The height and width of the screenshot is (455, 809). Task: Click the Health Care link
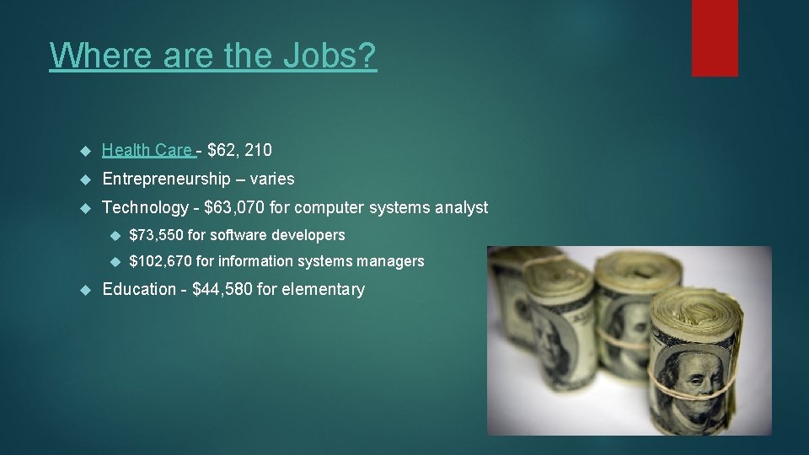point(147,150)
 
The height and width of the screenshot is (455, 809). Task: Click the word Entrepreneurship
point(166,179)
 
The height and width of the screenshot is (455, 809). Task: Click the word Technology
point(145,207)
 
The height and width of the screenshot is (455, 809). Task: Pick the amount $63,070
point(234,207)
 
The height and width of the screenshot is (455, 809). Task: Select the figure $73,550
point(156,235)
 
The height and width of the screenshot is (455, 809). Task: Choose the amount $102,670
point(160,261)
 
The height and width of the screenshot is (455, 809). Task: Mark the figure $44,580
point(222,289)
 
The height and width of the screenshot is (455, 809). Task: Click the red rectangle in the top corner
point(715,38)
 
